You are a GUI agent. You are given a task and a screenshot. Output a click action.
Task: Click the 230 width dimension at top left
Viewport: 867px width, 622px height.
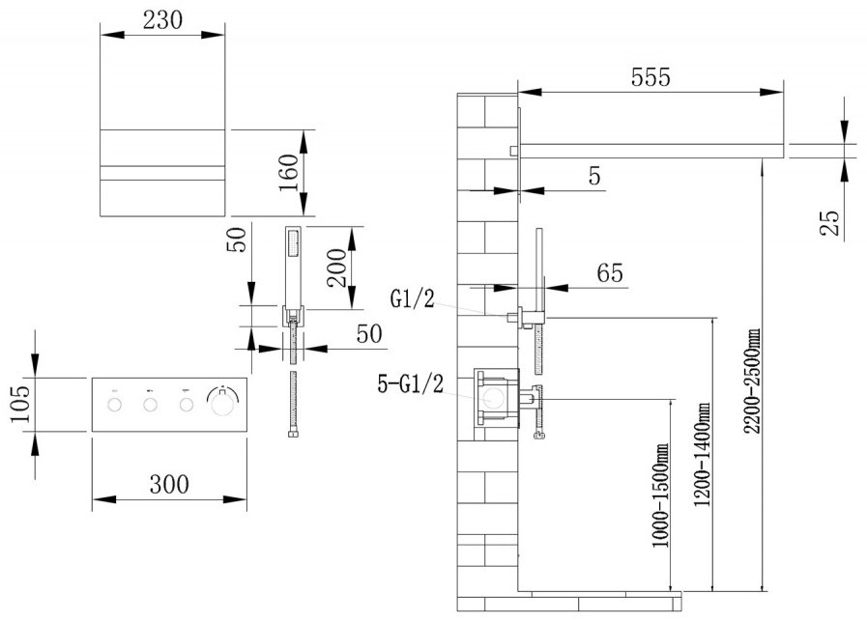coord(162,20)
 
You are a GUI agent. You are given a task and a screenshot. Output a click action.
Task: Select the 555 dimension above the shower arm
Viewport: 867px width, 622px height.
coord(650,77)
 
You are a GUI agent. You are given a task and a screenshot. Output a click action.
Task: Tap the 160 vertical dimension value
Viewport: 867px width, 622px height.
coord(289,173)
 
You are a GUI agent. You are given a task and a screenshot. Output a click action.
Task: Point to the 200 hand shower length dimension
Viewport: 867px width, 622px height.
coord(336,268)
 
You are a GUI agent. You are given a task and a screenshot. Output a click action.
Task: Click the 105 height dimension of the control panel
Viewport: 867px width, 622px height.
coord(21,404)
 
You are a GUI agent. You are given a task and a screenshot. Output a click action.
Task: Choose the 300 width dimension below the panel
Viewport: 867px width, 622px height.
coord(169,485)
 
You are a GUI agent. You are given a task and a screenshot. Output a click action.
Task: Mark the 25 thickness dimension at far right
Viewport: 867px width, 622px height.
coord(830,223)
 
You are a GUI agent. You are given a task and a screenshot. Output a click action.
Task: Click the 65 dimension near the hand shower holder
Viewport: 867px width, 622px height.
coord(610,273)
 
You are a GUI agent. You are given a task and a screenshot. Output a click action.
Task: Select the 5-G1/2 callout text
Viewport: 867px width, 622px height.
coord(410,383)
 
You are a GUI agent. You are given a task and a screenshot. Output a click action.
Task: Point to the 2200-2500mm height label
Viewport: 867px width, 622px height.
coord(752,382)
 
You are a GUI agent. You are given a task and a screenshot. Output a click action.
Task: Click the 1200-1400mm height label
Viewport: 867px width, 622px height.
coord(703,454)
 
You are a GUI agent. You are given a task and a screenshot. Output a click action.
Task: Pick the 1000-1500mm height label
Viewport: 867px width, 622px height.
coord(660,495)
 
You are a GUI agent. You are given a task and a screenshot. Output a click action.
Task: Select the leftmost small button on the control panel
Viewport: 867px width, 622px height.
coord(114,405)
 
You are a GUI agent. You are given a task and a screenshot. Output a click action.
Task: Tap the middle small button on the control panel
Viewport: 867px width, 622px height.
coord(151,405)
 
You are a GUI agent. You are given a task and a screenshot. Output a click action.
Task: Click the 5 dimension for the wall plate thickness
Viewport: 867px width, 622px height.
coord(594,176)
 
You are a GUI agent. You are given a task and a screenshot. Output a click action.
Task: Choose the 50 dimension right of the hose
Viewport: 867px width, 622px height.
coord(369,333)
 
